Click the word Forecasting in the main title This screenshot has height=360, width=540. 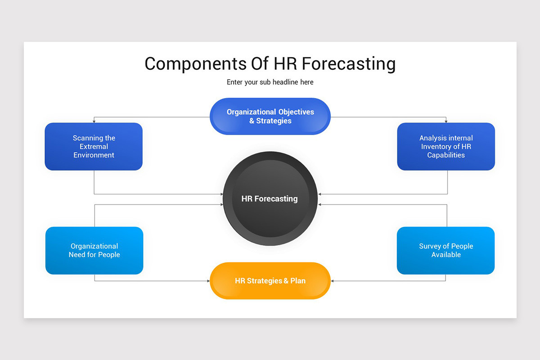click(x=348, y=64)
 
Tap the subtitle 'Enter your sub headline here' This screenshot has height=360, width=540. click(x=270, y=82)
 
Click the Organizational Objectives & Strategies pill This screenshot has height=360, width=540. click(x=270, y=117)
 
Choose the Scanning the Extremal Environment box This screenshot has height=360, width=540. click(x=94, y=147)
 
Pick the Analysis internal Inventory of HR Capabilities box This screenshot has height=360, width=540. click(x=446, y=147)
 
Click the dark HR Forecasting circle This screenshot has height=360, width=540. click(x=270, y=198)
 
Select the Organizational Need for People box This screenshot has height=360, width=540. click(x=94, y=251)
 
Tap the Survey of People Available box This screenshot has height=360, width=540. click(x=445, y=251)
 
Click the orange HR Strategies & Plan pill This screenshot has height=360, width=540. click(x=270, y=281)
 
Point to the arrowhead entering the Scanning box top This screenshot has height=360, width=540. click(x=94, y=121)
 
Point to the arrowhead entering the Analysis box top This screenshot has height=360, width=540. click(x=446, y=121)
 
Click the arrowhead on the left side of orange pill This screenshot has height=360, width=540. click(x=208, y=281)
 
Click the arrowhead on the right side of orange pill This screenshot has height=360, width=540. click(x=333, y=281)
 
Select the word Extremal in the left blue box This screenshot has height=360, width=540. click(x=94, y=147)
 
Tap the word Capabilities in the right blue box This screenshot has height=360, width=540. click(x=446, y=155)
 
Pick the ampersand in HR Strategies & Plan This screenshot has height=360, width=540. click(x=286, y=281)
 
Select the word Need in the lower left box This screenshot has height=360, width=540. click(x=78, y=255)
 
